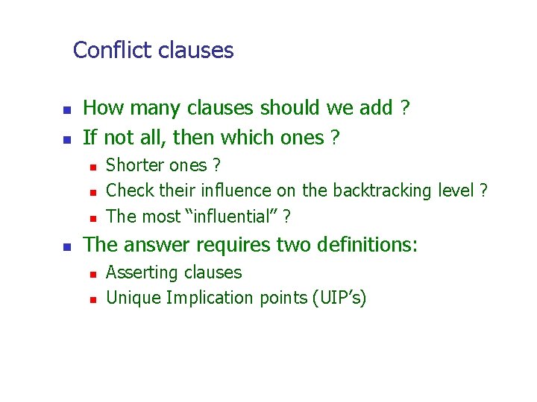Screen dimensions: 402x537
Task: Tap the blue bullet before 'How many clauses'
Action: (66, 110)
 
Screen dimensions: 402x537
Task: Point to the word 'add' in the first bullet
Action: (377, 109)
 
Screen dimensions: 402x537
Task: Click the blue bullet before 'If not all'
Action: (66, 139)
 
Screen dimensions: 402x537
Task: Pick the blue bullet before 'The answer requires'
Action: (66, 246)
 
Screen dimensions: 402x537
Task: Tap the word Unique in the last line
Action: (134, 298)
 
